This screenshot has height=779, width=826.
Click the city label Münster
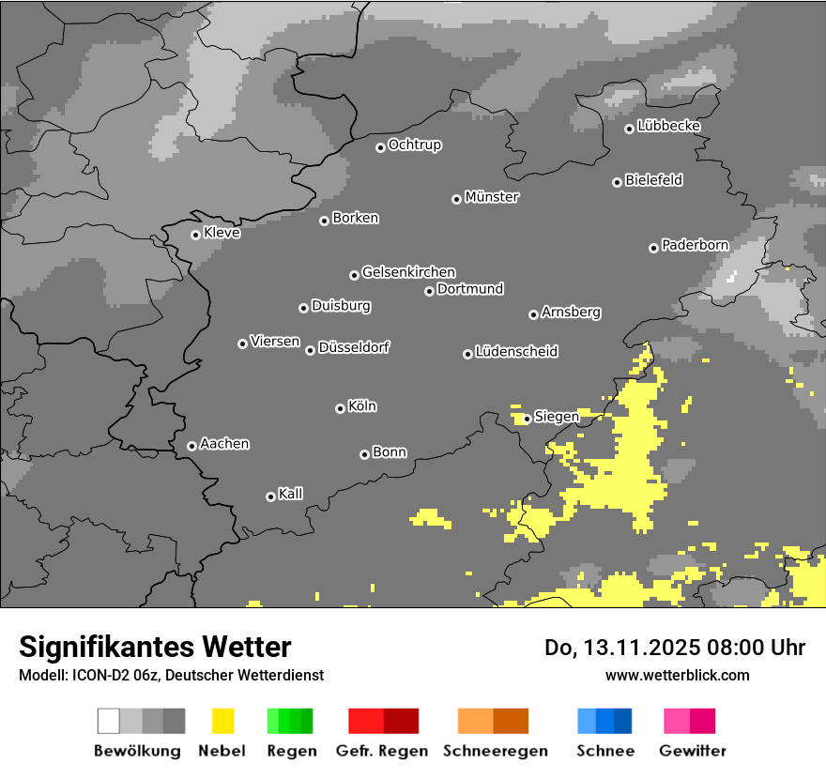(492, 197)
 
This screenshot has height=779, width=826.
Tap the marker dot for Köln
(340, 408)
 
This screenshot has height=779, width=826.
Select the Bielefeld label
(654, 180)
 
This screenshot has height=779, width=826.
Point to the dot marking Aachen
(191, 446)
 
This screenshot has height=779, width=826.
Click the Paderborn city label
(696, 246)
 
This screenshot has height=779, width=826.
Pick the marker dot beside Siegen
(528, 419)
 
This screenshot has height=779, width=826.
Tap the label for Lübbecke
(669, 126)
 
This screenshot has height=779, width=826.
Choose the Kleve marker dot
(195, 235)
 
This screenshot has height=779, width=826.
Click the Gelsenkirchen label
(409, 272)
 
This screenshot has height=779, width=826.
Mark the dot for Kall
(270, 496)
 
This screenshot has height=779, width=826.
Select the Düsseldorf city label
(354, 347)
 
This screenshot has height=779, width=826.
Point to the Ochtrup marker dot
(380, 147)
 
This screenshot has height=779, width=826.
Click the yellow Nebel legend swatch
(222, 721)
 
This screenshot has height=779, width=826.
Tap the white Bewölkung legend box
(109, 721)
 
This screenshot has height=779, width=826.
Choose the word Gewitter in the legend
(693, 751)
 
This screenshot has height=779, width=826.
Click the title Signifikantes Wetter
(155, 648)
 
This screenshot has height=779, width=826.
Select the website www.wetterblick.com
(678, 675)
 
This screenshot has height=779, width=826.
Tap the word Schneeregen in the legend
(494, 751)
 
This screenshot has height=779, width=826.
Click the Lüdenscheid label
(517, 352)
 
